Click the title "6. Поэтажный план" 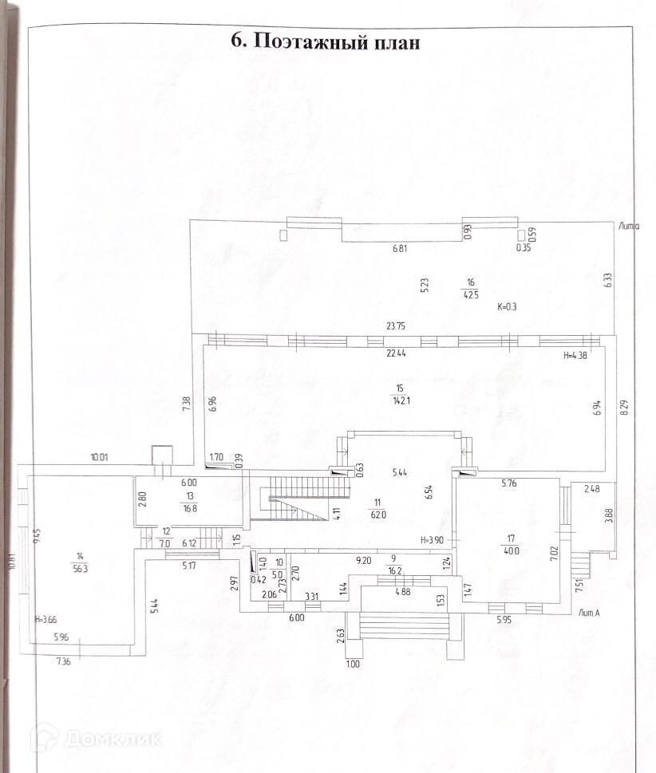point(325,41)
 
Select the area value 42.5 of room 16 point(470,294)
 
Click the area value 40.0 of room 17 point(511,550)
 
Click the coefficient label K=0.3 point(508,306)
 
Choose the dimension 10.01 point(99,457)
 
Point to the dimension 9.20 point(364,559)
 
